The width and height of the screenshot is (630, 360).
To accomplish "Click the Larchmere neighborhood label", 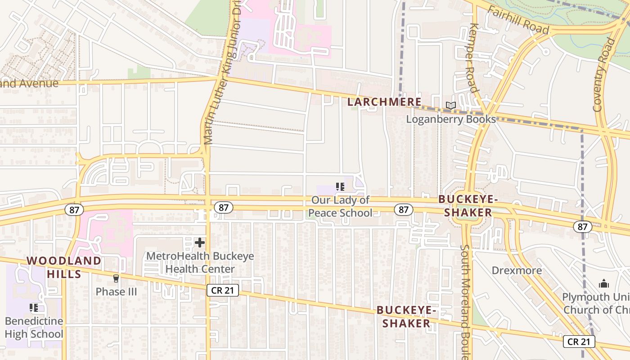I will click(x=384, y=102).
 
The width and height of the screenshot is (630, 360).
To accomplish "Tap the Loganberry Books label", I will click(x=451, y=119).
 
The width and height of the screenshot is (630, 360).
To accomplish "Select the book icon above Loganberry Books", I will click(x=451, y=106).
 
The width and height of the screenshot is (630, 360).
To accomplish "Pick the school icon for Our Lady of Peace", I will click(x=340, y=186).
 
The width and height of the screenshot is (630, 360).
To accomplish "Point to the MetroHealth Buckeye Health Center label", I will click(x=200, y=263).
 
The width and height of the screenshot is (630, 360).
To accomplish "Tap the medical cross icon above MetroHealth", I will click(x=200, y=243).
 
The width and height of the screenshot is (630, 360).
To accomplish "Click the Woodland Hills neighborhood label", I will click(x=63, y=267).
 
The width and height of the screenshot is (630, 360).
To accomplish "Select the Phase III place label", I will click(x=116, y=292).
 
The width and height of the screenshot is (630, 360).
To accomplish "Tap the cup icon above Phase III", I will click(x=116, y=279).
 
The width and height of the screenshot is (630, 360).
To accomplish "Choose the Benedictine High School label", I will click(x=34, y=328).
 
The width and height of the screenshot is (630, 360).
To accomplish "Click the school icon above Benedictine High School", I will click(x=34, y=308).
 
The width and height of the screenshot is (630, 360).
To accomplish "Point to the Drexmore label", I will click(x=517, y=270).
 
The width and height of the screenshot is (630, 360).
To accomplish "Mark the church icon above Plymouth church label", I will click(x=604, y=283).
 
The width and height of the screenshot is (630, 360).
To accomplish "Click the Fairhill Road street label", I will click(x=518, y=20).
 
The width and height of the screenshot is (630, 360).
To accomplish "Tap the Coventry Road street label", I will click(x=603, y=75).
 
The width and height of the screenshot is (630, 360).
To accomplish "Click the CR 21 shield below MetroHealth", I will click(x=223, y=290).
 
